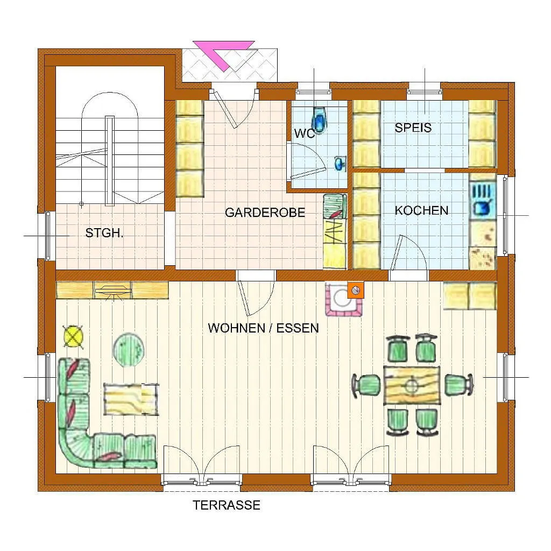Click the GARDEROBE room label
265,212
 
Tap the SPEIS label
413,128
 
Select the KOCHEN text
421,210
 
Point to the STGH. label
104,232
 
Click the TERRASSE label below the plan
227,505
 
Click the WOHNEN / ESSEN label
263,328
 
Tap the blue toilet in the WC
320,120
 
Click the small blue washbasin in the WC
340,164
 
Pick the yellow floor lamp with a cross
73,336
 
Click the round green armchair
129,350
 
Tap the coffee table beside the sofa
131,399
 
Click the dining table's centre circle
411,385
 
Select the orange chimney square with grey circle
355,291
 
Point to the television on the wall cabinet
113,290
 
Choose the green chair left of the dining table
366,385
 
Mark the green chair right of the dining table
458,385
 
